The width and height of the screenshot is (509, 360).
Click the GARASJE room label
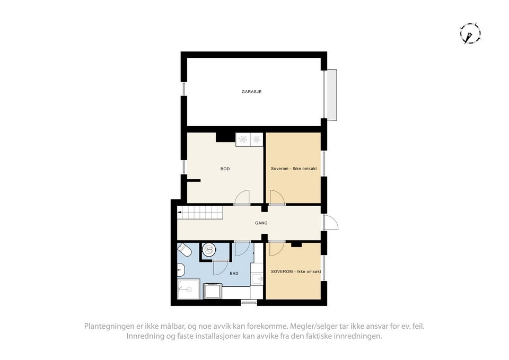(x=252, y=92)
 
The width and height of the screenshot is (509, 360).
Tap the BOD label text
(x=225, y=169)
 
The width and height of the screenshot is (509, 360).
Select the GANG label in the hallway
(x=260, y=223)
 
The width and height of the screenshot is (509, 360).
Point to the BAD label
(x=234, y=274)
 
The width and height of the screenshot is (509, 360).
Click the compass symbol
(x=470, y=33)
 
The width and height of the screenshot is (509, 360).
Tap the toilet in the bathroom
(x=184, y=249)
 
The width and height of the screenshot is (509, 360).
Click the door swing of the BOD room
(x=242, y=197)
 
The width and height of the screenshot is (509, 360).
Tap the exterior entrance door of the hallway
(x=331, y=223)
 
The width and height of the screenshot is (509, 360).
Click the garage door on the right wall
(x=331, y=95)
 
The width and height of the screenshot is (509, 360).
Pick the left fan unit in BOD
(x=243, y=139)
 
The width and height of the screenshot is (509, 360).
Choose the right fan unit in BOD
(x=256, y=139)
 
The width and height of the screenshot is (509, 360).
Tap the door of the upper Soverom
(x=276, y=197)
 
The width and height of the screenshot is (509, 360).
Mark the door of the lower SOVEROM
(x=276, y=249)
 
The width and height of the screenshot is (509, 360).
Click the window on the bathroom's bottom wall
(x=249, y=302)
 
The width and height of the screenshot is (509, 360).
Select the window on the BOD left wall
(x=183, y=168)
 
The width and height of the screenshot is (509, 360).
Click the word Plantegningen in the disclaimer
(x=107, y=326)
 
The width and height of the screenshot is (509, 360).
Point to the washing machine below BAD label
(x=213, y=292)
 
